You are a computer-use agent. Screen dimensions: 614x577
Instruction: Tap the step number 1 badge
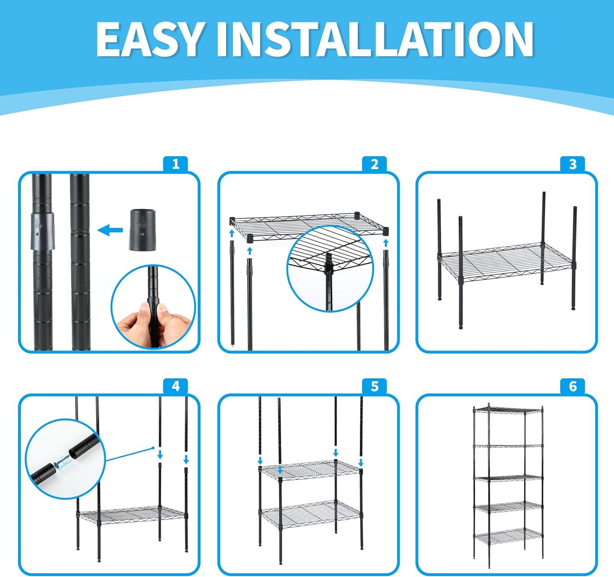176,164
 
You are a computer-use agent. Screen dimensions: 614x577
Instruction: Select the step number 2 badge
375,164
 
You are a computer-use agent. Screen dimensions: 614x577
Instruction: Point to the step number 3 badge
573,164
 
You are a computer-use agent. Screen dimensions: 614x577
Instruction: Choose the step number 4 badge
176,387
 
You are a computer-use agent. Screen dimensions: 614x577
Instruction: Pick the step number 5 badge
375,387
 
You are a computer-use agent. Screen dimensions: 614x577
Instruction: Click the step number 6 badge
573,387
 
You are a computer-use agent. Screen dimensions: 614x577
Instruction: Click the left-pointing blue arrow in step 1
110,230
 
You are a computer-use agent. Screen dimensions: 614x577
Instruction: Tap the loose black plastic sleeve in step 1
142,230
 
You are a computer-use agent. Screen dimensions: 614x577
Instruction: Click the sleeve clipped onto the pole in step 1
43,231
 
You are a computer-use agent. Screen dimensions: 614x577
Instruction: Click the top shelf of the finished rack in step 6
508,410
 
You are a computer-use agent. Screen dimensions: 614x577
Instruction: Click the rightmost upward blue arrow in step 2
386,242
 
